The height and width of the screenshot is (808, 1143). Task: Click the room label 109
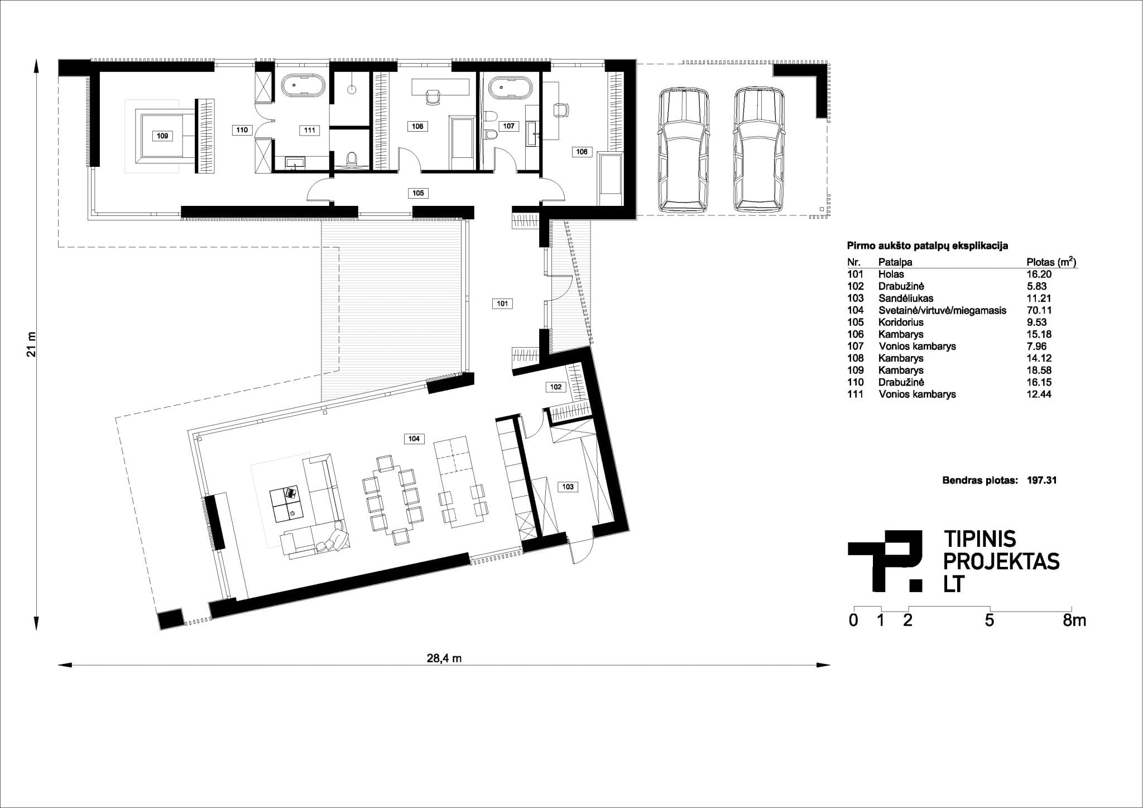click(x=162, y=136)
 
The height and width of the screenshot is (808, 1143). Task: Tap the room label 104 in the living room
click(x=414, y=439)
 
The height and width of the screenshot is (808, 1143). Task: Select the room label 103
click(x=568, y=487)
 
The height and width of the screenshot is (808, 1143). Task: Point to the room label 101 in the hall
click(x=502, y=304)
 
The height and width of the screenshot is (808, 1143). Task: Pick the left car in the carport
click(x=683, y=151)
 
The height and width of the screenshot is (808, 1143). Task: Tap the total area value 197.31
click(x=1041, y=480)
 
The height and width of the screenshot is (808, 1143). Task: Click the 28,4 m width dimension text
click(x=444, y=658)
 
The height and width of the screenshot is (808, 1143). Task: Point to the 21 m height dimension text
click(x=32, y=345)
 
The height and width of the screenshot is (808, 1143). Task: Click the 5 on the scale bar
click(x=990, y=621)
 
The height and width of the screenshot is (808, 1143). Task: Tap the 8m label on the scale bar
click(x=1075, y=621)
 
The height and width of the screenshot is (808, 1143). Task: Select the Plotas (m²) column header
click(x=1051, y=262)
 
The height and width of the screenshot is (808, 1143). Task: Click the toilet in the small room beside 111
click(x=351, y=158)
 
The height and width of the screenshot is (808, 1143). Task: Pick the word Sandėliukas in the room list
click(x=906, y=298)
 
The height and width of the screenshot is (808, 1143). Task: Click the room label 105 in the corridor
click(x=418, y=193)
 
